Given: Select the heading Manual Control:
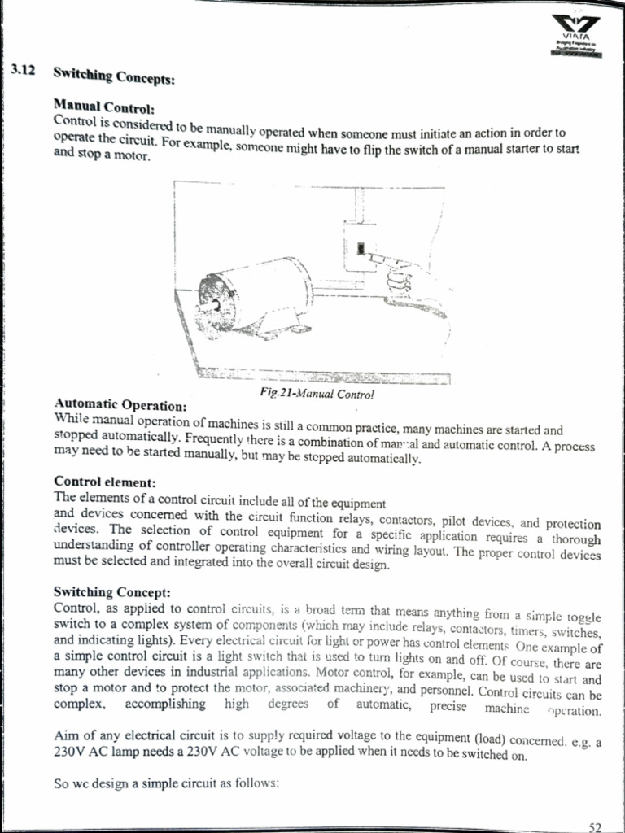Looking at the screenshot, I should point(103,106).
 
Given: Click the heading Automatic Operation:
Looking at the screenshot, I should point(120,404).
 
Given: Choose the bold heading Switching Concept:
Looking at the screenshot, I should point(111,592).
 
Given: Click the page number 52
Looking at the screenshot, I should point(595,826).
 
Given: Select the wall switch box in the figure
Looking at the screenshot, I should point(360,246).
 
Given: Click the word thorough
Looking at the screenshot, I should point(576,539).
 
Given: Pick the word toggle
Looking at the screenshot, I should point(582,610).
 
